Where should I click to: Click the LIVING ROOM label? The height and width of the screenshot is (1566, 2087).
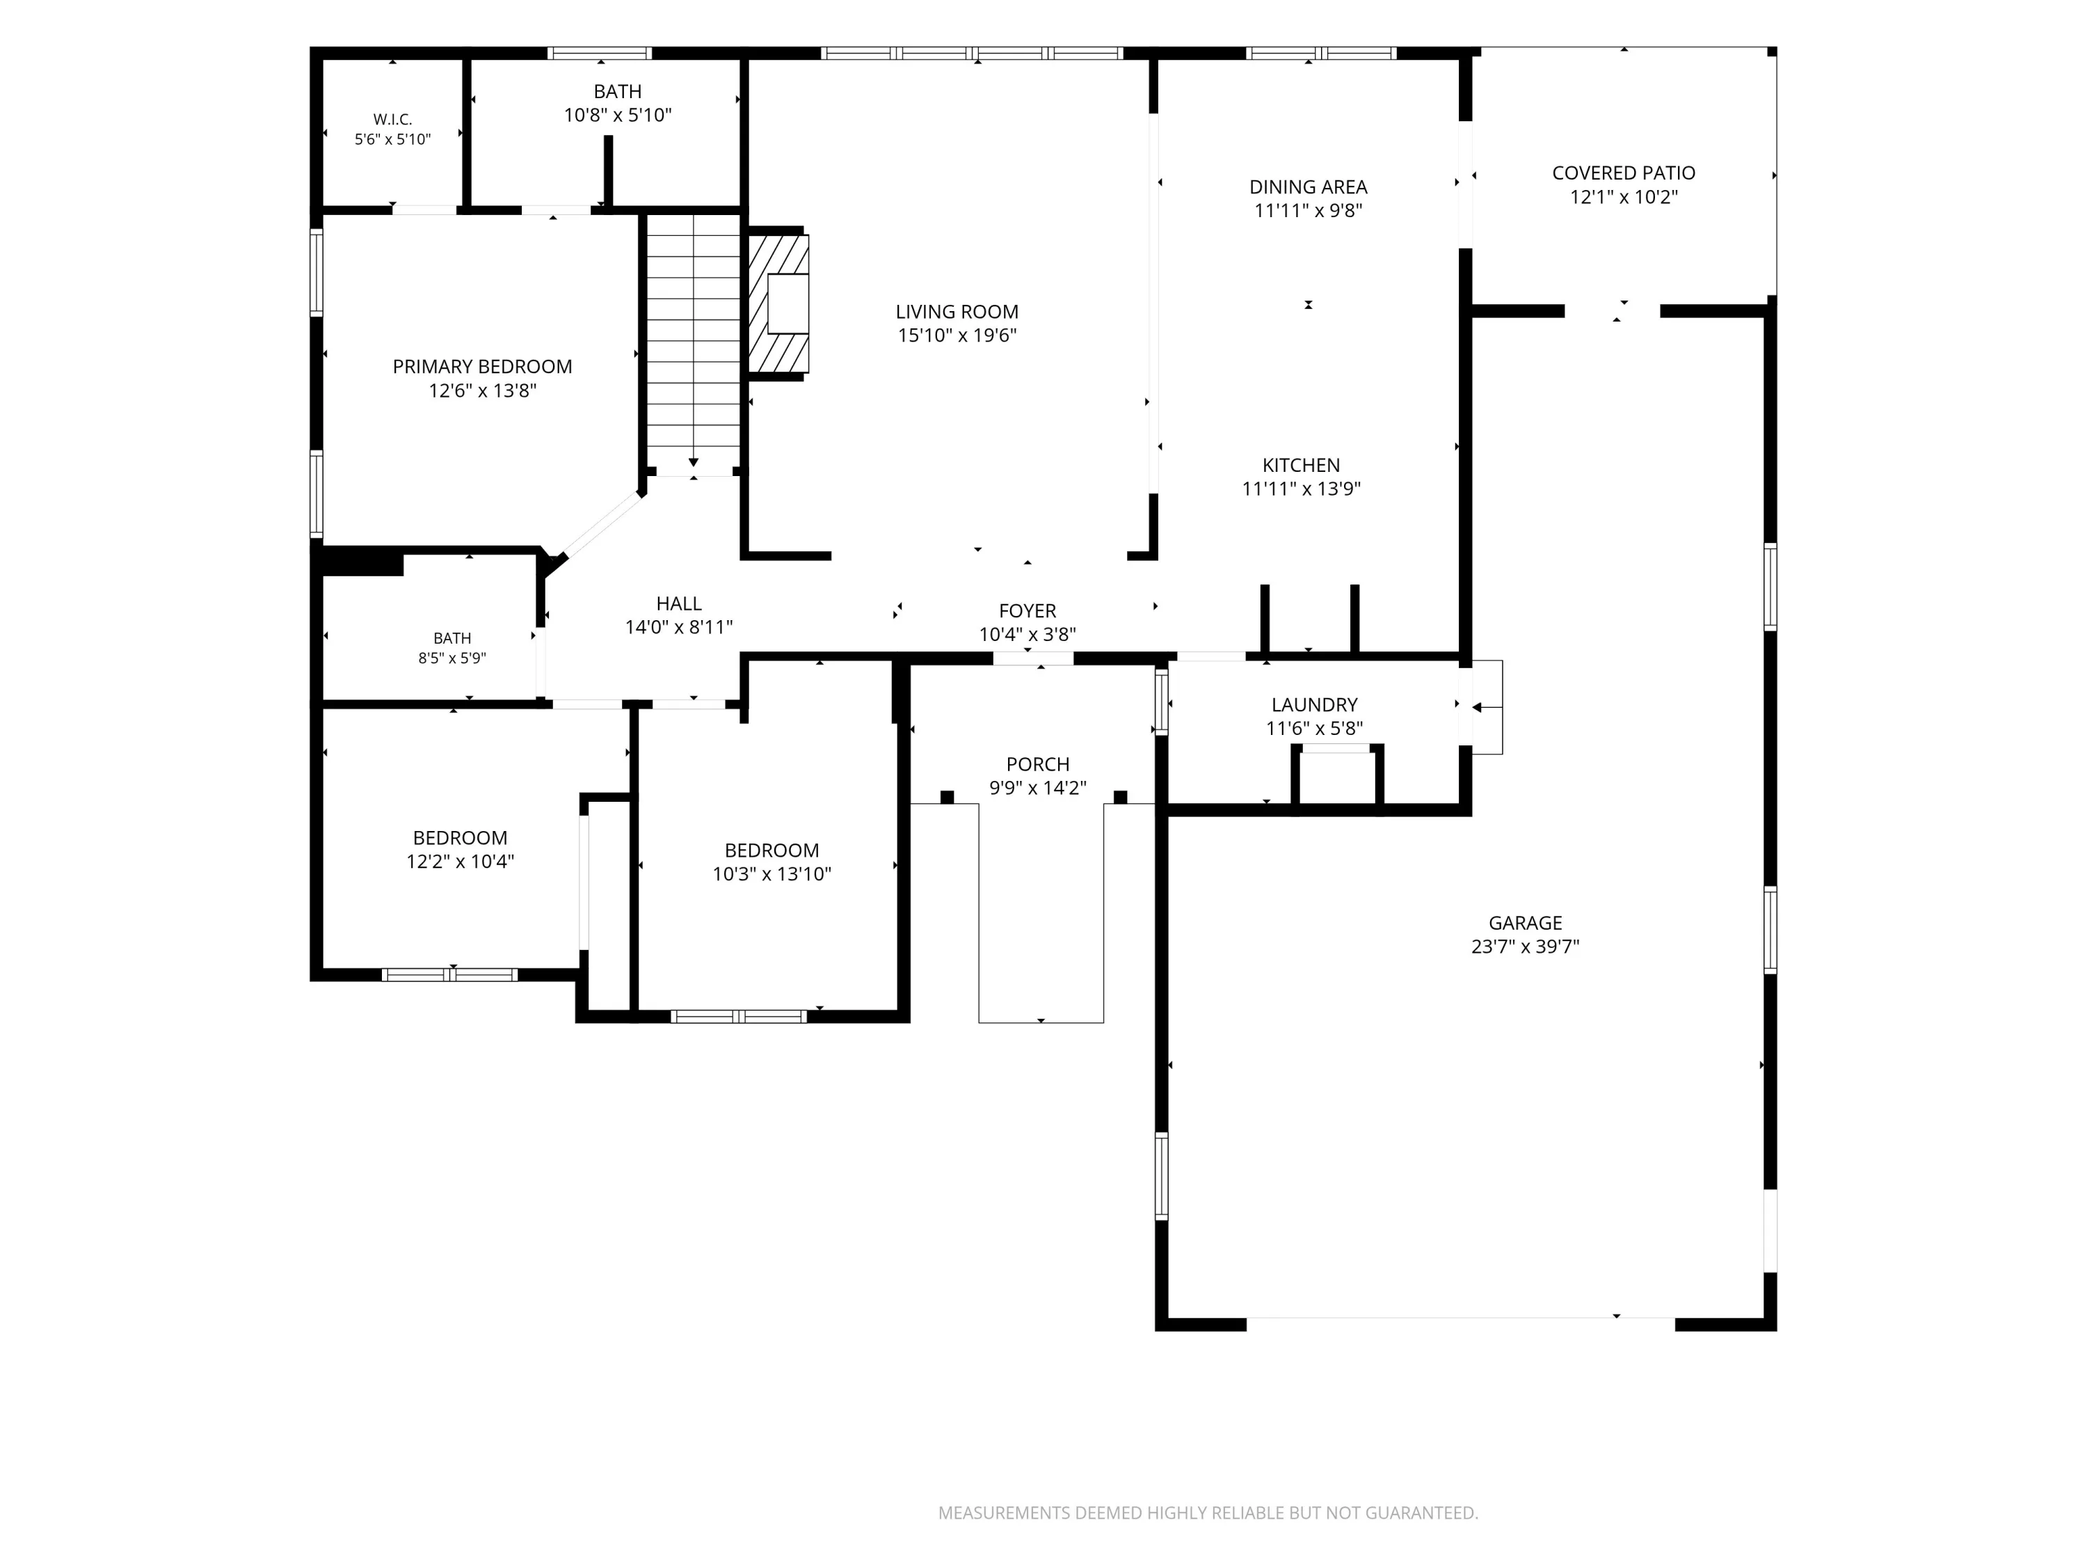pyautogui.click(x=957, y=312)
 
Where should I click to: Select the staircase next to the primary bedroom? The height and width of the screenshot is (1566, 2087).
pyautogui.click(x=694, y=340)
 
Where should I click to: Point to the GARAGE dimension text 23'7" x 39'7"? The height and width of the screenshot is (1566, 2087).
pyautogui.click(x=1525, y=947)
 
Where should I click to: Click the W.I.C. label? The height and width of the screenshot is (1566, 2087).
pyautogui.click(x=392, y=120)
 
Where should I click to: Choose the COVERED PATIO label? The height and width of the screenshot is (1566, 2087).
pyautogui.click(x=1624, y=173)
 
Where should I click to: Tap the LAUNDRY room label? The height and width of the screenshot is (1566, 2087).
pyautogui.click(x=1314, y=704)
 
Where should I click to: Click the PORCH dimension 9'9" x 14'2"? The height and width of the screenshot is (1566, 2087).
pyautogui.click(x=1038, y=788)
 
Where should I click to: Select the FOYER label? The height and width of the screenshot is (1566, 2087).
pyautogui.click(x=1027, y=610)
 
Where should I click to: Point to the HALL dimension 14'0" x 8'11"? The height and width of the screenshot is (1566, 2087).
pyautogui.click(x=678, y=627)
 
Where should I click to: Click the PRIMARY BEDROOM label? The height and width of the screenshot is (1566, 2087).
pyautogui.click(x=482, y=366)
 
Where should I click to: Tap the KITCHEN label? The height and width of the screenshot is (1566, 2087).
pyautogui.click(x=1301, y=464)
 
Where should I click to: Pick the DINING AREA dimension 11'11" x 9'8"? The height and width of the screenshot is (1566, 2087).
pyautogui.click(x=1308, y=210)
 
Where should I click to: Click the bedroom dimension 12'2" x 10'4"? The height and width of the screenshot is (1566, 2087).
pyautogui.click(x=459, y=861)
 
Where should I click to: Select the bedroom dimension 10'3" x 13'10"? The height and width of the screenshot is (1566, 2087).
pyautogui.click(x=771, y=874)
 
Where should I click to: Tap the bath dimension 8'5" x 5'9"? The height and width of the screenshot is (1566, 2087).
pyautogui.click(x=452, y=658)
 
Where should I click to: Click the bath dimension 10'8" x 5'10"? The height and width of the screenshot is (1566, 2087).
pyautogui.click(x=618, y=115)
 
